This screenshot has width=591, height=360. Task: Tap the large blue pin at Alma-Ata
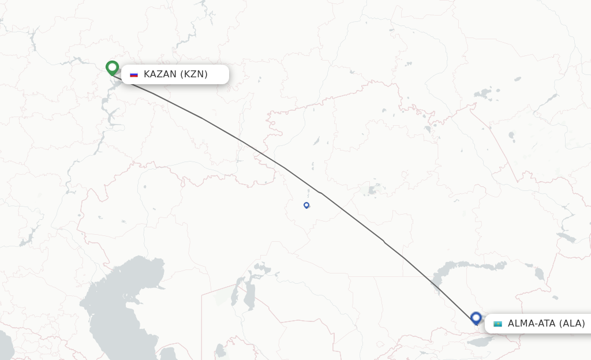coord(476,318)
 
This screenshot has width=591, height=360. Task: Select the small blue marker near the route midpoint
coord(306,205)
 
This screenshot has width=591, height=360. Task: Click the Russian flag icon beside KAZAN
coord(134,74)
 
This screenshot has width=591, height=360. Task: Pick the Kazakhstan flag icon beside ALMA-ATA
coord(498,324)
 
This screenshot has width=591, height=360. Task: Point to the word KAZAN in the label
coord(160,74)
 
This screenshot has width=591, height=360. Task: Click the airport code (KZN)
coord(194,74)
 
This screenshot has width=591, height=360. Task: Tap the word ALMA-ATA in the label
coord(531,324)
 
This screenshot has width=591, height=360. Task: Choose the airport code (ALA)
coord(571,324)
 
